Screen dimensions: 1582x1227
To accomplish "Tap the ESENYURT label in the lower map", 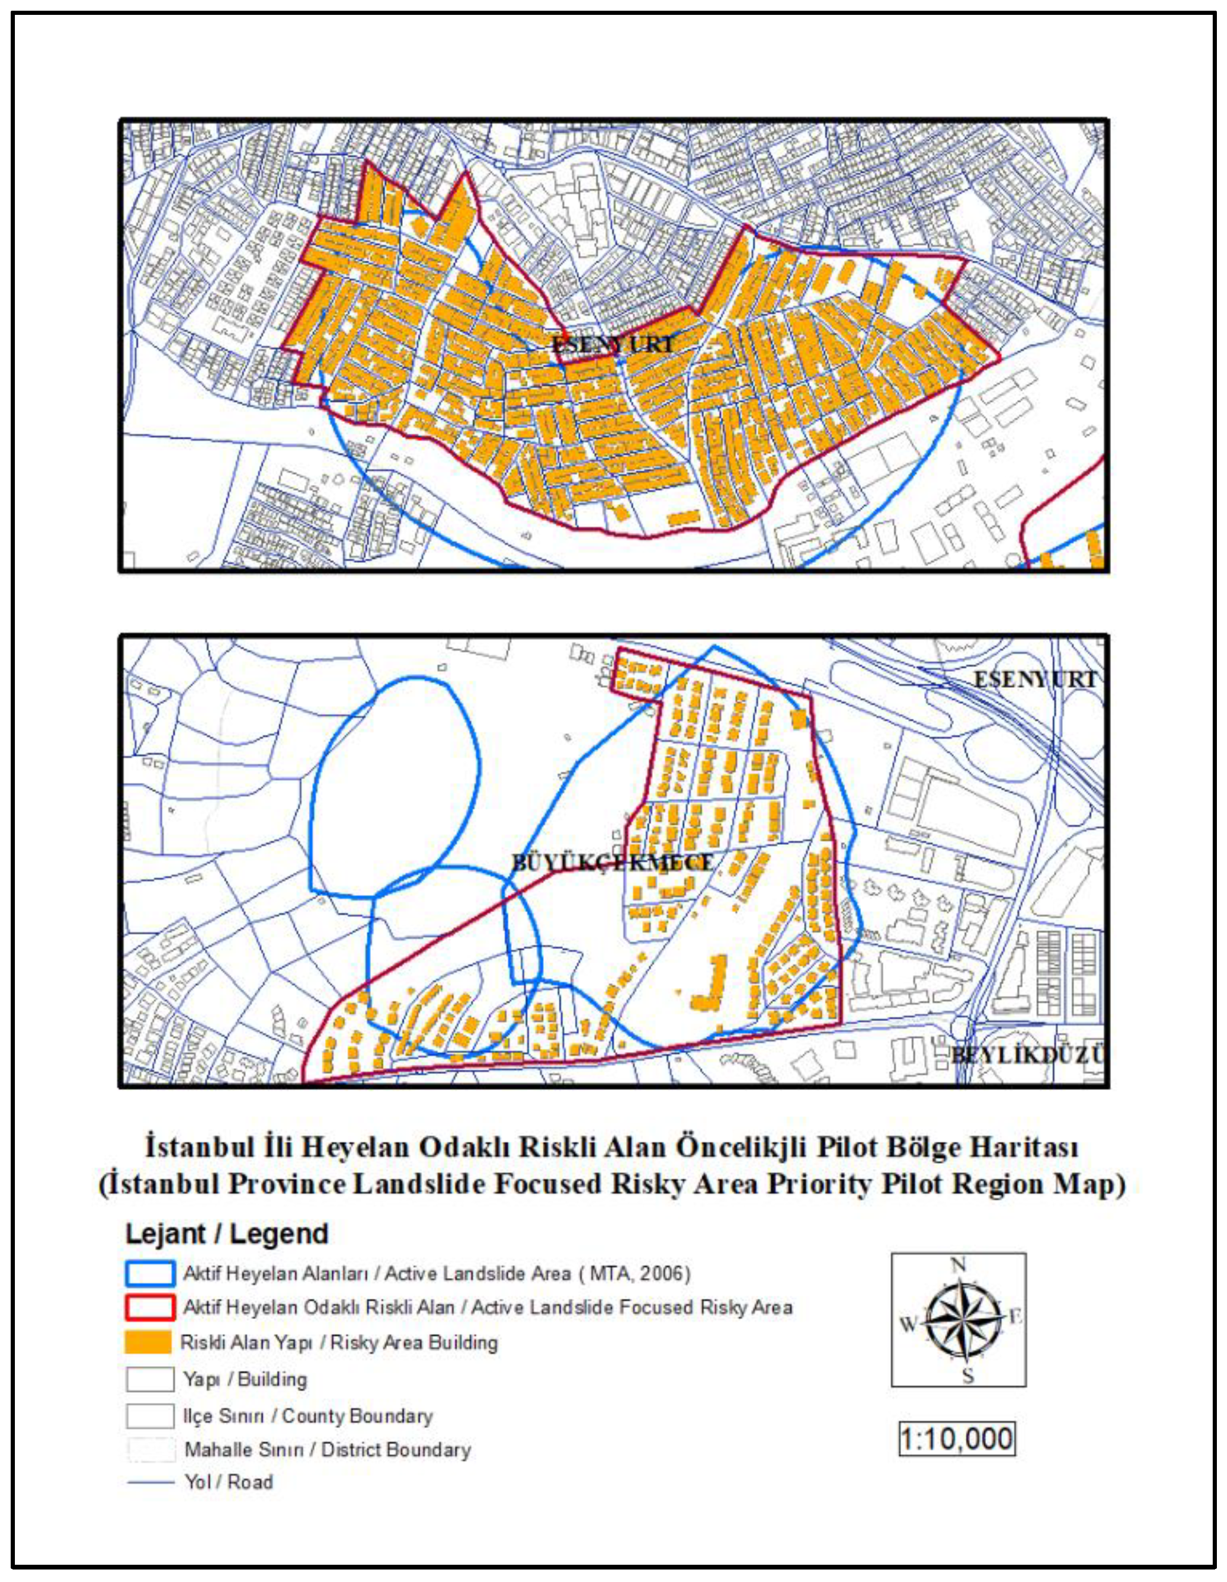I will (1034, 679).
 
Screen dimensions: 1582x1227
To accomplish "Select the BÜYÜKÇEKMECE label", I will (613, 863).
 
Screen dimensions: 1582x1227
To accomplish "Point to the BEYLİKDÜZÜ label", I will (1027, 1055).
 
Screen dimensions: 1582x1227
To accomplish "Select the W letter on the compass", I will (907, 1324).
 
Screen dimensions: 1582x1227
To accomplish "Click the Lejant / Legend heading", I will (227, 1233).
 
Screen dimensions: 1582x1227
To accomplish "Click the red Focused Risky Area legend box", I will (150, 1308).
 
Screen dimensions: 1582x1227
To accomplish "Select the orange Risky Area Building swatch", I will (149, 1342).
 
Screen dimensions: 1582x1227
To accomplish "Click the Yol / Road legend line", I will (151, 1482).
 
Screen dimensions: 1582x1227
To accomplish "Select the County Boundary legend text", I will (357, 1416).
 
